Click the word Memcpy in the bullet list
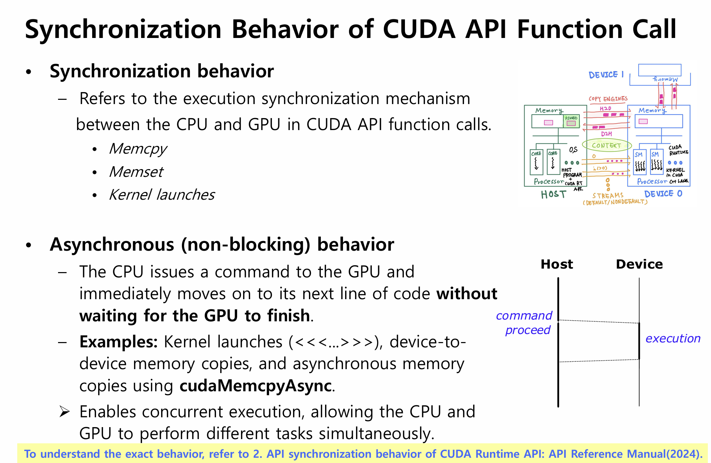pyautogui.click(x=138, y=149)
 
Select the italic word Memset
pyautogui.click(x=136, y=172)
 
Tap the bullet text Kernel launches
pyautogui.click(x=162, y=195)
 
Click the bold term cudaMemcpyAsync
pyautogui.click(x=256, y=386)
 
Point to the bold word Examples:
pyautogui.click(x=119, y=342)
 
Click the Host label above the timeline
pyautogui.click(x=557, y=264)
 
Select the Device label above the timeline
pyautogui.click(x=639, y=264)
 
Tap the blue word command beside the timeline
pyautogui.click(x=524, y=316)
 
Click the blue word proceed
pyautogui.click(x=528, y=330)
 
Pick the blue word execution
pyautogui.click(x=673, y=338)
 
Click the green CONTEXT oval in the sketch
pyautogui.click(x=607, y=145)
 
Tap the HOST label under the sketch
pyautogui.click(x=553, y=194)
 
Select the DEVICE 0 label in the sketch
pyautogui.click(x=663, y=194)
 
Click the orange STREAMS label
pyautogui.click(x=608, y=195)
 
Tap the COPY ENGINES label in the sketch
pyautogui.click(x=608, y=99)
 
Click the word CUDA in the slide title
pyautogui.click(x=419, y=29)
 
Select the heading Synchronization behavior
pyautogui.click(x=161, y=71)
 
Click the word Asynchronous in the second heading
pyautogui.click(x=112, y=244)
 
